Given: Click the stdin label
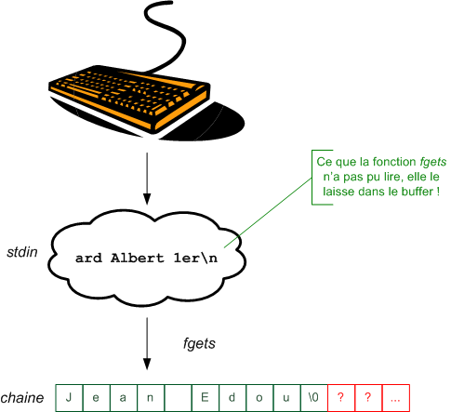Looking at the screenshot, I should pyautogui.click(x=20, y=251).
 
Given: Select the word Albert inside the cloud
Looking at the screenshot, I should pyautogui.click(x=137, y=259).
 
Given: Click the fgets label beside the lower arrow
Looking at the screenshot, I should pyautogui.click(x=199, y=343).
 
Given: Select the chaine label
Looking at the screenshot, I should pyautogui.click(x=24, y=398).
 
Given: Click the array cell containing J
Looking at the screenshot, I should pyautogui.click(x=69, y=397).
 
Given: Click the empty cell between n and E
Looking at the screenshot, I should pyautogui.click(x=177, y=397).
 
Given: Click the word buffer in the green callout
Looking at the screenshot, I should pyautogui.click(x=412, y=192).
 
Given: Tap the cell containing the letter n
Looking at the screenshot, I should pyautogui.click(x=150, y=397).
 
